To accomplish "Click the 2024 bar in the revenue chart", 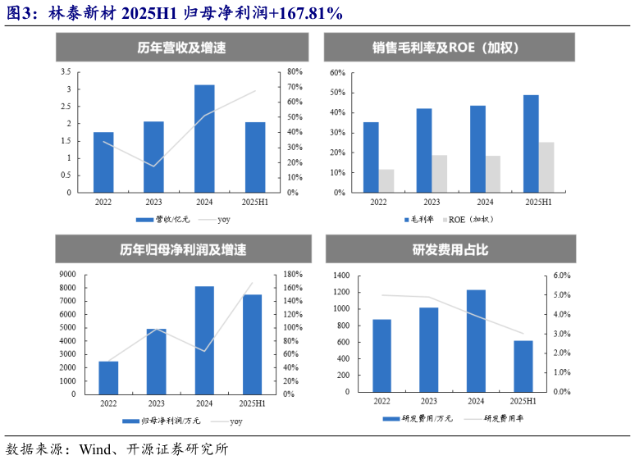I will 204,139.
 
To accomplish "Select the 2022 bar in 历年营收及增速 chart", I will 103,162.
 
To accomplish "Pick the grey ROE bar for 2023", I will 440,174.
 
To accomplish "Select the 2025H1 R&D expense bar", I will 523,366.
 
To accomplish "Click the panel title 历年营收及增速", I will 182,48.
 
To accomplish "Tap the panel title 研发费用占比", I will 450,249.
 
